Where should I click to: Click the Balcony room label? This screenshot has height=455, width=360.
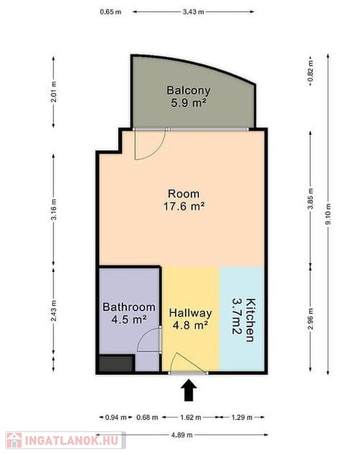click(x=188, y=90)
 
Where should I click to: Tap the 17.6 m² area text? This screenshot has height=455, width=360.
click(x=184, y=206)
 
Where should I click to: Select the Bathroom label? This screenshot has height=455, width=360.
click(x=129, y=307)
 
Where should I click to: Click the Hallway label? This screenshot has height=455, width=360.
click(x=190, y=313)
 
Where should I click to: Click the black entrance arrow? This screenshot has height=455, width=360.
click(x=189, y=390)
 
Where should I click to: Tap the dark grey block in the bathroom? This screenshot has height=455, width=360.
click(x=116, y=363)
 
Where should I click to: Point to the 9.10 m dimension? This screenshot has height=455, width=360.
click(x=328, y=214)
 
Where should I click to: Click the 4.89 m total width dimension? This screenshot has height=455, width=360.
click(x=182, y=435)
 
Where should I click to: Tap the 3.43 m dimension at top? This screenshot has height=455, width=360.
click(x=193, y=12)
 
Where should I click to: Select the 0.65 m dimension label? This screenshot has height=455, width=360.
click(x=111, y=12)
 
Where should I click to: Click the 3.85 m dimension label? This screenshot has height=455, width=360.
click(x=311, y=198)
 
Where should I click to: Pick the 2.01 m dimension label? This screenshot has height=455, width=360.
click(x=54, y=92)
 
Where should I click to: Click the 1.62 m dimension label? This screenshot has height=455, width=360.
click(x=191, y=418)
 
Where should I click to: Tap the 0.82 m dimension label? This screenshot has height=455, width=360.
click(x=311, y=71)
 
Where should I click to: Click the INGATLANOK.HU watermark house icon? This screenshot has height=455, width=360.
click(x=14, y=440)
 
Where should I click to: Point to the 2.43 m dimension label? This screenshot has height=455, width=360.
click(x=54, y=311)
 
